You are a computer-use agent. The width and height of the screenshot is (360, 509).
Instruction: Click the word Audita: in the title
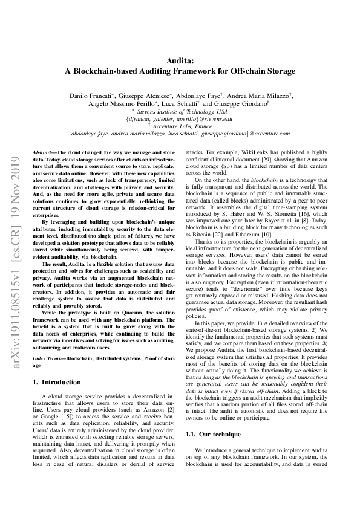(x=180, y=60)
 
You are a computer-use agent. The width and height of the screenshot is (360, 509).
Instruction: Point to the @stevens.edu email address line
(x=180, y=119)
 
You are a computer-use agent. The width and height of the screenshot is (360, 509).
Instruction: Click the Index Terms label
(x=48, y=358)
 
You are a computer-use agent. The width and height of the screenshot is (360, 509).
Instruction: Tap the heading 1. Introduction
(x=56, y=382)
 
